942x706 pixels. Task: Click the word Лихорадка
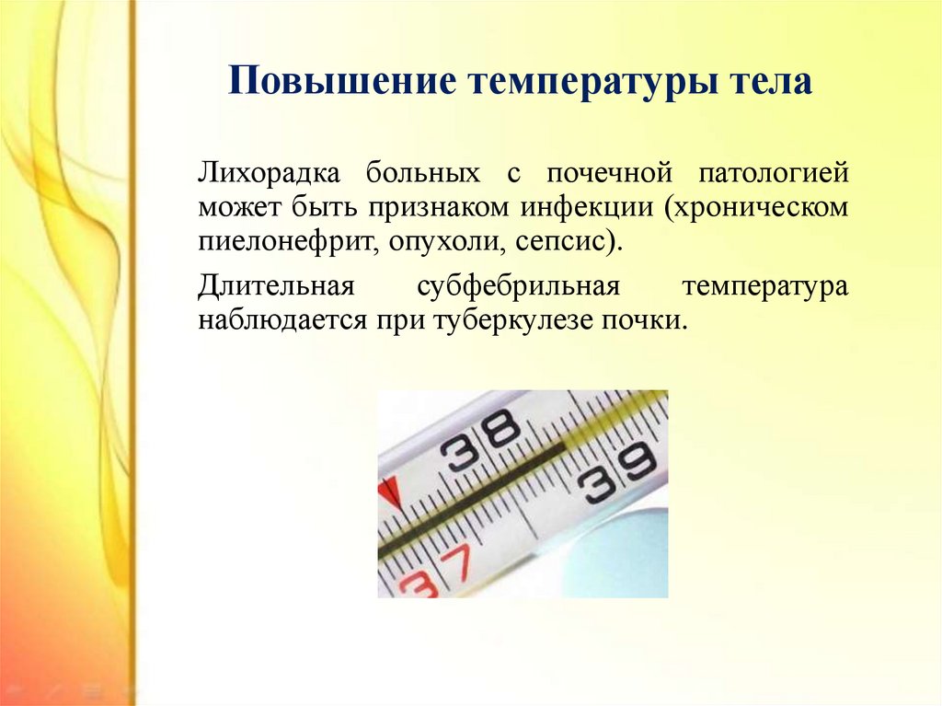coord(270,173)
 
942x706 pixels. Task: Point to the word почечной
coord(609,174)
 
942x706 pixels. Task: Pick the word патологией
coord(774,174)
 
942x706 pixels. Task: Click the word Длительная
coord(276,285)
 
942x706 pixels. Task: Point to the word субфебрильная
coord(519,285)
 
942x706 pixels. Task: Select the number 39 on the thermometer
coord(616,474)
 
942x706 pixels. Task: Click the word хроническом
coord(756,208)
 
